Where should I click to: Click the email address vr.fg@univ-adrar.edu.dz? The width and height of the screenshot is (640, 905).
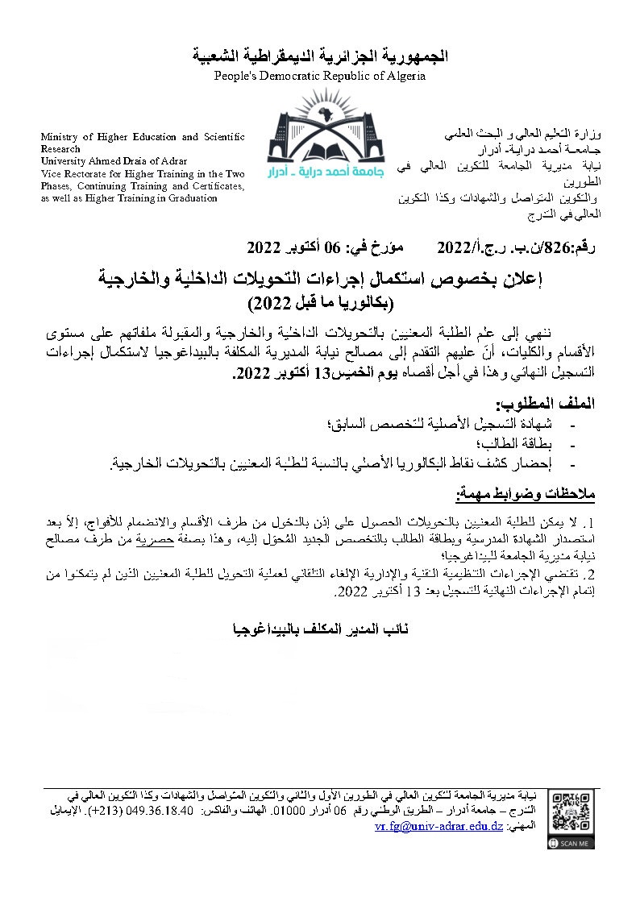pyautogui.click(x=438, y=827)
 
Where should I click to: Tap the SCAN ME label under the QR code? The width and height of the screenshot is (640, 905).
pyautogui.click(x=575, y=842)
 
